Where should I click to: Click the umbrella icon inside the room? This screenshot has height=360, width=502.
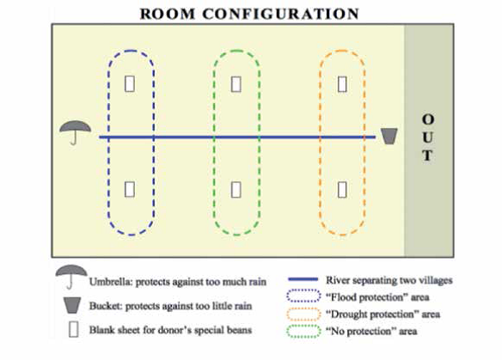76,127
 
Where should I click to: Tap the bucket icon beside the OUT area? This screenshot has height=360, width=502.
389,137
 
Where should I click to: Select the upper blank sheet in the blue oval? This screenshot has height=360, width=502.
130,84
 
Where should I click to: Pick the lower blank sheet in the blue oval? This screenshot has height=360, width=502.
130,189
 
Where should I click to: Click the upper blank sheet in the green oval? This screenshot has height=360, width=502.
236,84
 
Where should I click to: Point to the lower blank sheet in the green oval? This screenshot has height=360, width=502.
236,189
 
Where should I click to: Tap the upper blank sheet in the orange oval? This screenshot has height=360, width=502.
342,84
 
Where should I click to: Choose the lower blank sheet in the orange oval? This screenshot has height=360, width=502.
342,189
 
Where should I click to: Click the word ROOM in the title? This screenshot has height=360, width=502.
168,14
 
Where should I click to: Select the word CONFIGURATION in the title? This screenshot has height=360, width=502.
281,14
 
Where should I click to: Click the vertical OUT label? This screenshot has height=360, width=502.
428,137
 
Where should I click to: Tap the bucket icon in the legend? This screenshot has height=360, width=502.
72,305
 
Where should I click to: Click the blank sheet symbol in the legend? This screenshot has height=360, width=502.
73,329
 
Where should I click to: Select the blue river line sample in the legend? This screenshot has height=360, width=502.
303,279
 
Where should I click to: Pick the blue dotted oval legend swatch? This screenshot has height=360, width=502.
303,296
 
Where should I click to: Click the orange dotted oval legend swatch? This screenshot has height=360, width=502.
303,314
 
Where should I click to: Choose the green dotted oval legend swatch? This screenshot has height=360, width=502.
303,332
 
